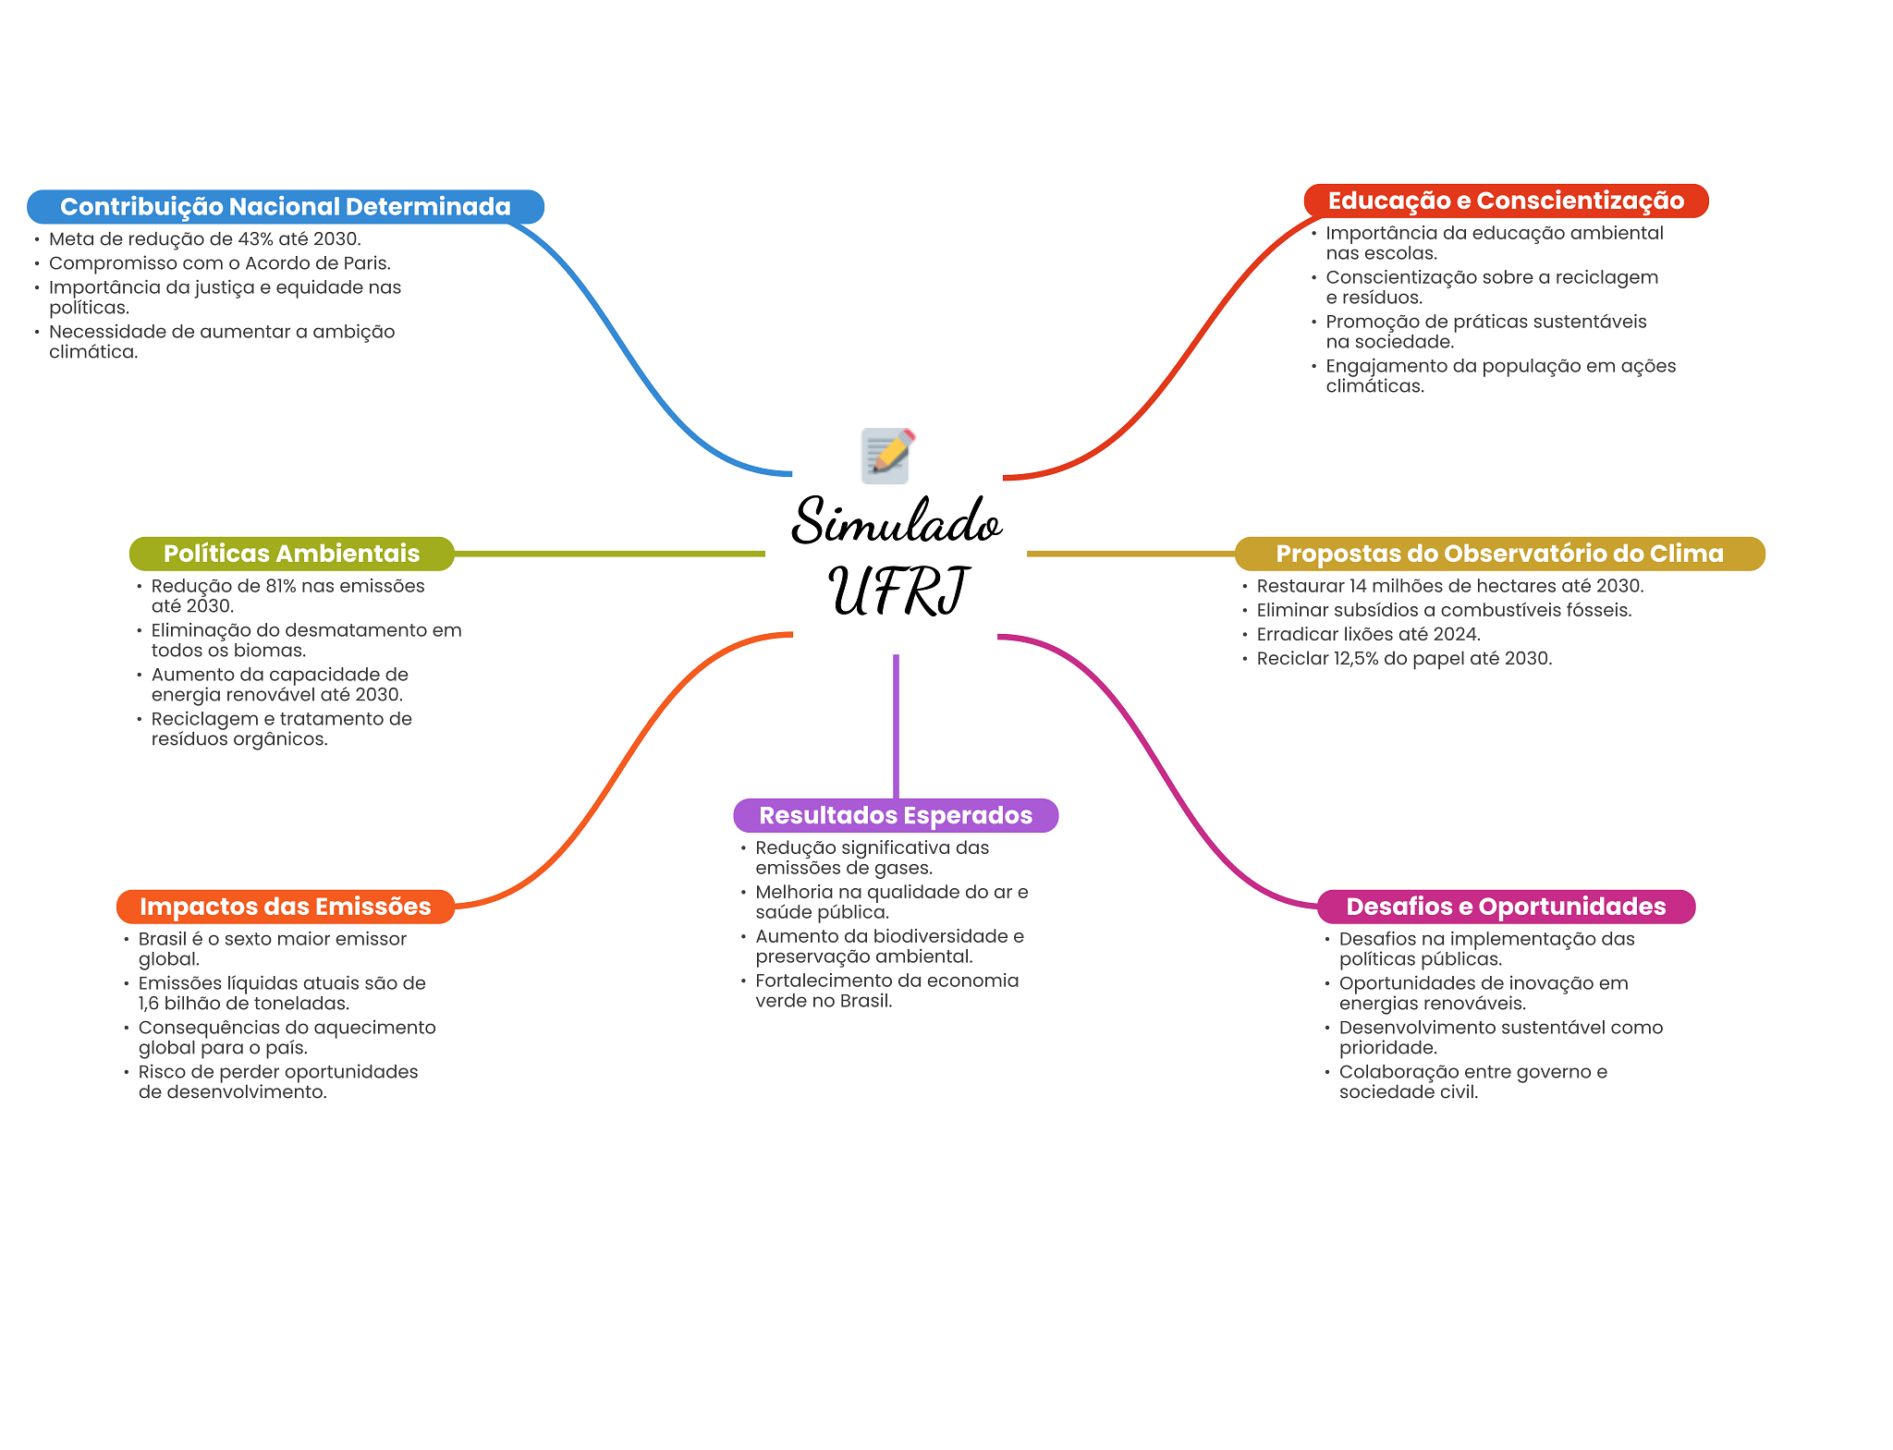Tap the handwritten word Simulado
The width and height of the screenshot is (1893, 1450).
tap(896, 522)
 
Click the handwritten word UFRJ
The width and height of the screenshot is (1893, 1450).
tap(898, 591)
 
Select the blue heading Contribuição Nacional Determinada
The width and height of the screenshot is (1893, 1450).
tap(285, 207)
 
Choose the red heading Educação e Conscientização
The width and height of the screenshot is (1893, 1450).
tap(1505, 201)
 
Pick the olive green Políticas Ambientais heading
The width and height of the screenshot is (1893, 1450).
tap(291, 554)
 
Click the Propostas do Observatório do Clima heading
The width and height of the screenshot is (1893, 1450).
tap(1498, 554)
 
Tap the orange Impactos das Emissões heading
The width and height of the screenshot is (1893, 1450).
tap(285, 907)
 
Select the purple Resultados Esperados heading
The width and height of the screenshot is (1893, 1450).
tap(895, 815)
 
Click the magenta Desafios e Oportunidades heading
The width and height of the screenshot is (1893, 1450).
tap(1505, 907)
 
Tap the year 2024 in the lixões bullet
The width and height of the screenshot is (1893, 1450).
tap(1457, 635)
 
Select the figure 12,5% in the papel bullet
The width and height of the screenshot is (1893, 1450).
tap(1354, 659)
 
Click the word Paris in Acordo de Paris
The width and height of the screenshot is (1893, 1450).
tap(365, 263)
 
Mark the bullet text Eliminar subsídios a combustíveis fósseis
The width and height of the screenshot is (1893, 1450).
tap(1443, 611)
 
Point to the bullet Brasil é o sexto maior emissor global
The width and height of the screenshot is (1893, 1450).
tap(272, 949)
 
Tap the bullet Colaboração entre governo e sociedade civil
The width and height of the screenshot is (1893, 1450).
tap(1472, 1082)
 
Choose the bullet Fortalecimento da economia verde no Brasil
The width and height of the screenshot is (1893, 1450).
tap(886, 991)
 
